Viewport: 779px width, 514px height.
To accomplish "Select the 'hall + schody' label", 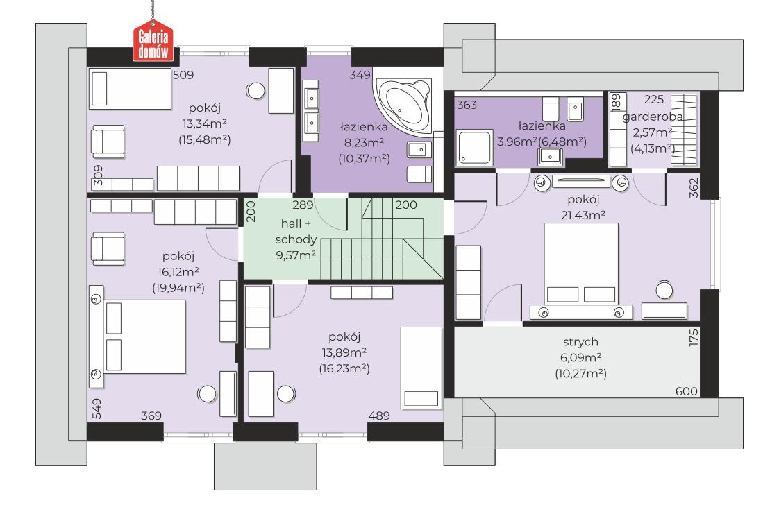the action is click(296, 231).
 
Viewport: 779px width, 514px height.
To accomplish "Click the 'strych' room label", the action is click(580, 342).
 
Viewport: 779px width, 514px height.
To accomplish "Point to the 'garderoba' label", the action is click(653, 117).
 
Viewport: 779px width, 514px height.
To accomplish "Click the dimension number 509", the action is click(183, 75).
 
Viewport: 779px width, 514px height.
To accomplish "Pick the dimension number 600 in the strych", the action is click(686, 391).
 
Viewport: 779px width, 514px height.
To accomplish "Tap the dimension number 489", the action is click(379, 416).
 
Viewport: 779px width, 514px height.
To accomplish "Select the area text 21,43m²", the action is click(583, 215).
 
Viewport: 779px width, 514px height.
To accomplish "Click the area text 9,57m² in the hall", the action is click(296, 255).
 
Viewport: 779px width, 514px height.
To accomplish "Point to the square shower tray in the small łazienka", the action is click(475, 147).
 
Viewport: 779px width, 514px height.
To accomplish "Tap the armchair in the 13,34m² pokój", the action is click(108, 142).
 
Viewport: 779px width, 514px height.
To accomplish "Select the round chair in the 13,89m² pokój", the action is click(285, 394).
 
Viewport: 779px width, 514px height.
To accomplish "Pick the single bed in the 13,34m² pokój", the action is click(130, 89).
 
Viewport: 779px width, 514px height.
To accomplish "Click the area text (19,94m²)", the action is click(178, 288).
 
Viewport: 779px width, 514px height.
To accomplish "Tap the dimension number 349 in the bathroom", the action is click(360, 75).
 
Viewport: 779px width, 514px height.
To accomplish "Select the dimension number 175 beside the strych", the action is click(694, 337).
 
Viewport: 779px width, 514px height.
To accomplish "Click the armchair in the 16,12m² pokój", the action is click(108, 248).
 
